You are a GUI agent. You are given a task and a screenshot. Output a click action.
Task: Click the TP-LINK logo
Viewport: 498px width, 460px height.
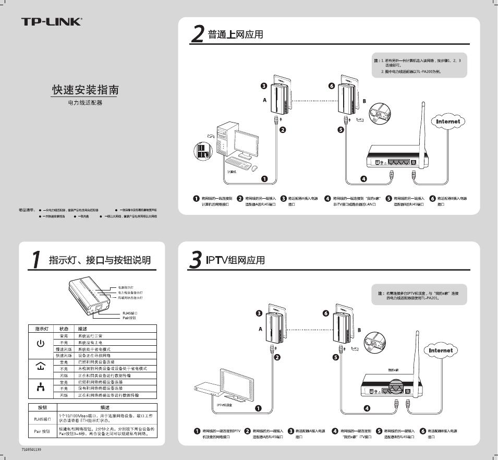tap(51, 22)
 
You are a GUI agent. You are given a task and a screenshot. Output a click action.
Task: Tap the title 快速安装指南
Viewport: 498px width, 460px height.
tap(85, 90)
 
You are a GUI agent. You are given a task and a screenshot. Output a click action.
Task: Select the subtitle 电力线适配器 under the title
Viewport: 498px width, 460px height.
tap(85, 103)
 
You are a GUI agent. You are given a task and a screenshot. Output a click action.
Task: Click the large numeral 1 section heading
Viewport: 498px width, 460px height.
tap(35, 259)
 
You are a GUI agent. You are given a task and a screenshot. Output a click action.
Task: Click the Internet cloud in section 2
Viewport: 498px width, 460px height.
tap(448, 122)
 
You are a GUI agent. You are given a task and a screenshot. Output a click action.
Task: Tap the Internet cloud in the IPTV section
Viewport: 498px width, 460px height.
tap(441, 350)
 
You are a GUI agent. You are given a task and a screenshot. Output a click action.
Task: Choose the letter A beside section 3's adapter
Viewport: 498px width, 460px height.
tap(261, 329)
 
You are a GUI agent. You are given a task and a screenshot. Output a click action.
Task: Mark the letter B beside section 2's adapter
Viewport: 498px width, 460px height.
tap(364, 101)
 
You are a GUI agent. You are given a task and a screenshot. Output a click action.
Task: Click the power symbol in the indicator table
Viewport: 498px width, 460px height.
tap(40, 344)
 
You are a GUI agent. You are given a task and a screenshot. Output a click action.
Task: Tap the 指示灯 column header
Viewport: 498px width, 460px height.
tap(42, 329)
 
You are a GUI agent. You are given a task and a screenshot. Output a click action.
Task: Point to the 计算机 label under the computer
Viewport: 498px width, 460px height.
tap(232, 172)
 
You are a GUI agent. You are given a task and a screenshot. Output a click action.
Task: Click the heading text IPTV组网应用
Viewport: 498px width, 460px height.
tap(235, 260)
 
